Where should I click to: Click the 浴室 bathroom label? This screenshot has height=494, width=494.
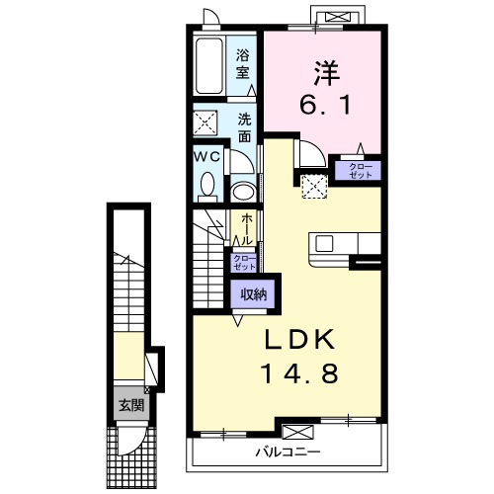coord(242,64)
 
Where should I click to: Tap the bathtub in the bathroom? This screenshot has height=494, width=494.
coord(209,66)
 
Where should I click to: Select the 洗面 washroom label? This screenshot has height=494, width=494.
coord(245,127)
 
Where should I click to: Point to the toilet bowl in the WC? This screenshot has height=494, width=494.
coord(207,187)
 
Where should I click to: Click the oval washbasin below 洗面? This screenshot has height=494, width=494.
coord(243,193)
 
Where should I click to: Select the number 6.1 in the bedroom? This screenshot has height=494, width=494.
coord(325,105)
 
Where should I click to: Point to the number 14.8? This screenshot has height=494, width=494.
coord(299,373)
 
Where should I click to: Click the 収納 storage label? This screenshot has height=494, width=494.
coord(253,294)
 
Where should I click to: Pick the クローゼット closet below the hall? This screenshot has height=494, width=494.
coord(244,263)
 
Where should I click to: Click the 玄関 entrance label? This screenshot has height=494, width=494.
coord(131,405)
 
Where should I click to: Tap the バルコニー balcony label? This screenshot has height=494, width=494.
coord(288,452)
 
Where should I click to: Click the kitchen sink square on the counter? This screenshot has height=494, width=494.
coord(324,244)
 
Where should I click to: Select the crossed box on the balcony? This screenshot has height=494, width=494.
coord(298,432)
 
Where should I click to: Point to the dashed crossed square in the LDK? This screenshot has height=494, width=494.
coord(314,187)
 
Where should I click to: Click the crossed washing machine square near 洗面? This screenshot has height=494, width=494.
coord(205,123)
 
